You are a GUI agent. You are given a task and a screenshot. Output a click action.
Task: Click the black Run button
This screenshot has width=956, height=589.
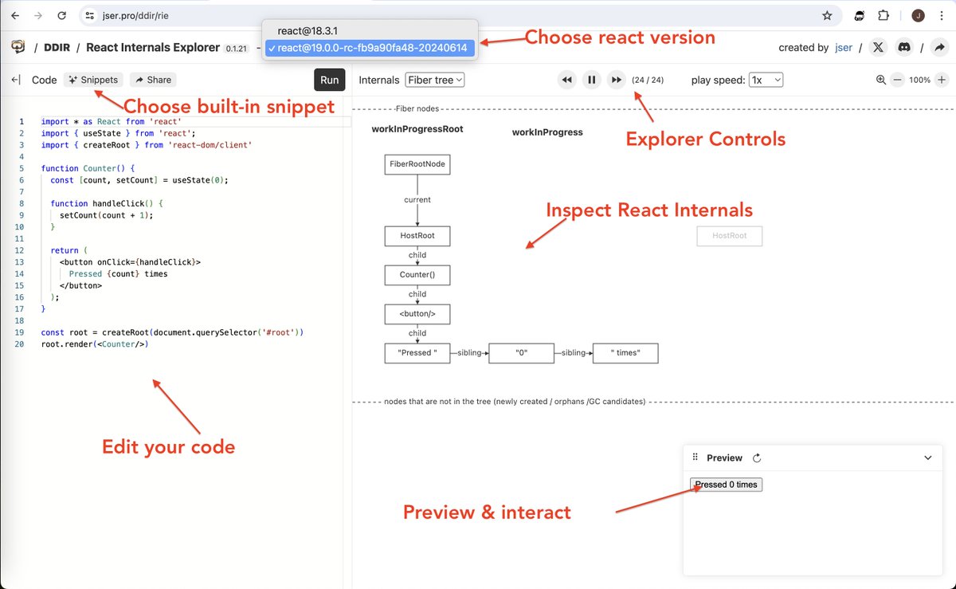[330, 80]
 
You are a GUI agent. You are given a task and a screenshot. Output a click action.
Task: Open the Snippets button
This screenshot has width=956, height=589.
[93, 80]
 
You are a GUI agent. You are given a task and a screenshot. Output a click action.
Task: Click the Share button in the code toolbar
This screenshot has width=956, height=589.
[151, 80]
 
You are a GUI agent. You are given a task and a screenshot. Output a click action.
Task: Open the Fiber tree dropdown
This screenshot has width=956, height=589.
[434, 80]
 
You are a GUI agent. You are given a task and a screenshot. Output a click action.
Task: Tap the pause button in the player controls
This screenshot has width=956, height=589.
[591, 80]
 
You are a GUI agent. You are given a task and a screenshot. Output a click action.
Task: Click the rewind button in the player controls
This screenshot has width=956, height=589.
[566, 80]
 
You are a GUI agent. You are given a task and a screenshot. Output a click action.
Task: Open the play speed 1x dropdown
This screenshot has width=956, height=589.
[766, 80]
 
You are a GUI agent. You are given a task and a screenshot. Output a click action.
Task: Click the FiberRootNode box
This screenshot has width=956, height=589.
[417, 165]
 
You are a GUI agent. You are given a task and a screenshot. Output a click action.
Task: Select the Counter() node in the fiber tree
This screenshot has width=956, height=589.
[417, 275]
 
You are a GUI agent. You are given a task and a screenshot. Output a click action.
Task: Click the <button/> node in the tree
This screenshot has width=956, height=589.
[417, 314]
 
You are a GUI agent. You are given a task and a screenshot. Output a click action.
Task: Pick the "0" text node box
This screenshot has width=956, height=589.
[521, 353]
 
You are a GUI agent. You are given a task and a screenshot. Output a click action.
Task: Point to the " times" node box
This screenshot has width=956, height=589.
[625, 353]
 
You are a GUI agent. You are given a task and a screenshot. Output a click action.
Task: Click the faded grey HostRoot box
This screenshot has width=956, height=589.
[729, 236]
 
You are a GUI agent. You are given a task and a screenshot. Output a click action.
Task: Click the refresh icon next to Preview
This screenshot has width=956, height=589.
[757, 458]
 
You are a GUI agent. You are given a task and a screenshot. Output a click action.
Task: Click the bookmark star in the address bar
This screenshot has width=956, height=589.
[827, 15]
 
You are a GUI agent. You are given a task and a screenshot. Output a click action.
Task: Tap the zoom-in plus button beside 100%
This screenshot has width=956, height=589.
[942, 80]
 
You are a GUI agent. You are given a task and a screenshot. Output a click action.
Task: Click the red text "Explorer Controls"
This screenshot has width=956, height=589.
[705, 139]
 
